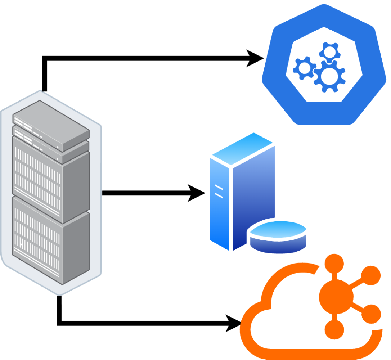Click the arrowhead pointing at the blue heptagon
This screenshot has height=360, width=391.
pos(256,58)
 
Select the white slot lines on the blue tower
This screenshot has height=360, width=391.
pos(219,191)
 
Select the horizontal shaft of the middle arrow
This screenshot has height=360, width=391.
pos(144,193)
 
